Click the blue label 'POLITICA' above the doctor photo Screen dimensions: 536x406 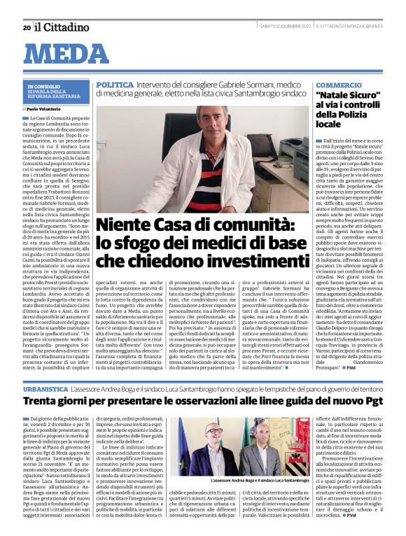pos(114,84)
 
